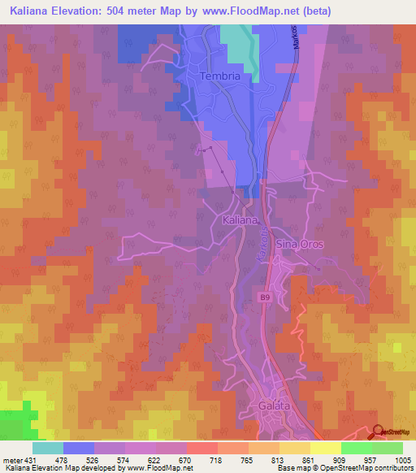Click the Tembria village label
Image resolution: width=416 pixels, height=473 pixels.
(219, 76)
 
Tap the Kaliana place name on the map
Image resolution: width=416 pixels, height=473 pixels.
(240, 219)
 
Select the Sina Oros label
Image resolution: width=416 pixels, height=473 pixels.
(300, 244)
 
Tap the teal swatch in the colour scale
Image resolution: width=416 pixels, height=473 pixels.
(48, 448)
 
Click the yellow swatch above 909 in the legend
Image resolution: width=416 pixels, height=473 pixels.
(326, 448)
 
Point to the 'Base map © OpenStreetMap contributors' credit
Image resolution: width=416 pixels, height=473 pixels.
(344, 468)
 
